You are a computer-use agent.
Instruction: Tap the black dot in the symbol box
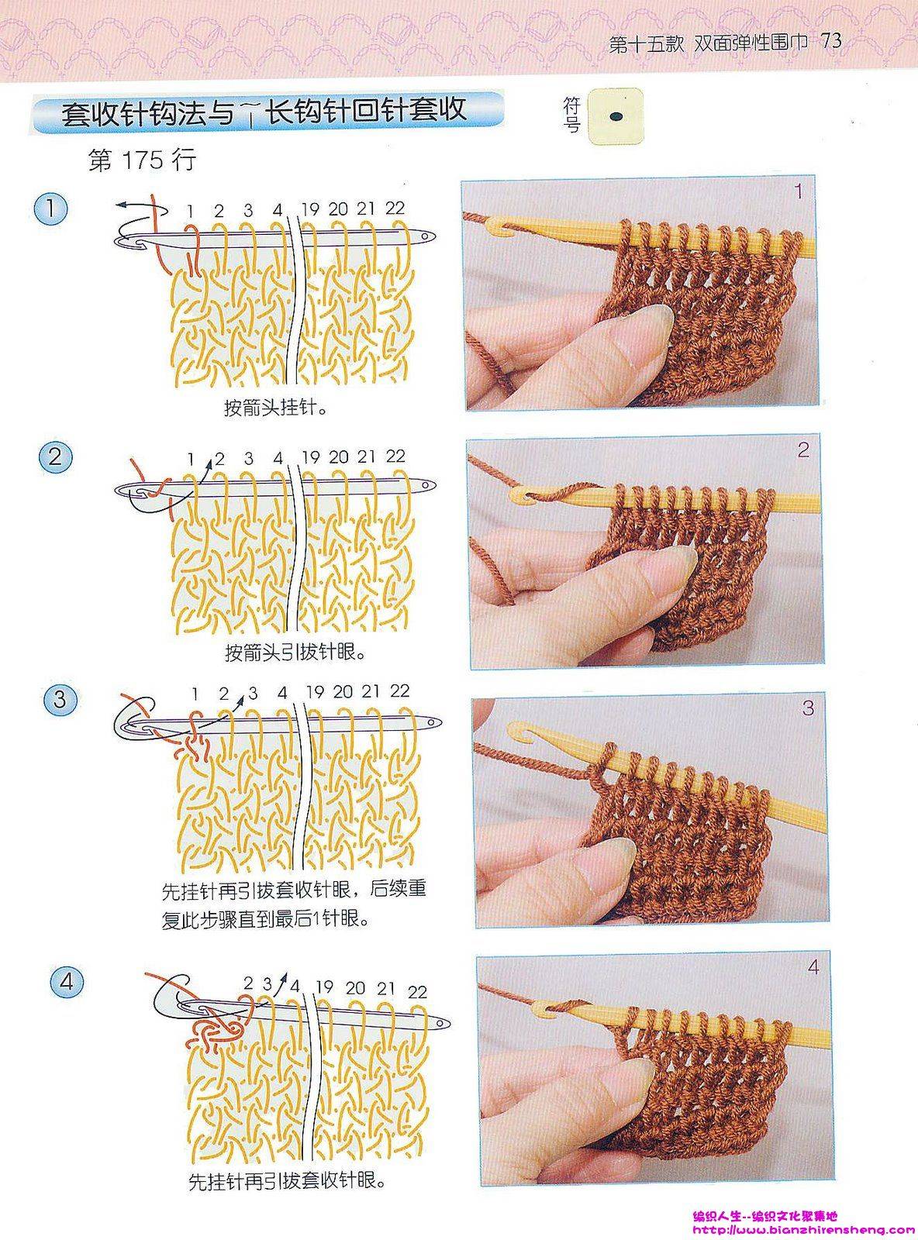(x=616, y=116)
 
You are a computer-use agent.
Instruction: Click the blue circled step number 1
(x=50, y=210)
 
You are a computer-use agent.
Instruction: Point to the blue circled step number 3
(x=60, y=700)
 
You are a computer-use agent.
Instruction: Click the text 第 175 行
(x=143, y=160)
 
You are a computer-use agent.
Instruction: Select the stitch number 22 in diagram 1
(x=395, y=208)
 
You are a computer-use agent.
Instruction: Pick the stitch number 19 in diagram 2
(x=310, y=457)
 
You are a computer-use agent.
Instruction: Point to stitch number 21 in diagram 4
(x=385, y=989)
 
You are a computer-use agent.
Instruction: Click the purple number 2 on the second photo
(x=803, y=450)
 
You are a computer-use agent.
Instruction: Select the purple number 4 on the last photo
(x=813, y=967)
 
